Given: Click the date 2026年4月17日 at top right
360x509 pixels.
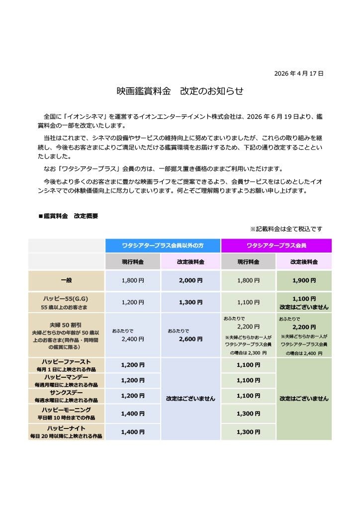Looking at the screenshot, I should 299,74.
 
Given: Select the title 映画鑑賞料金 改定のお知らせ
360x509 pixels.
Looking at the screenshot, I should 180,91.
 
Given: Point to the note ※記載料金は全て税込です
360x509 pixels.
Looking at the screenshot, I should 286,229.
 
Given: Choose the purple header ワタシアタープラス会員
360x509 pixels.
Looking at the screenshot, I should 276,246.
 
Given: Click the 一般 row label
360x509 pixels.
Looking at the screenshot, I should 66,280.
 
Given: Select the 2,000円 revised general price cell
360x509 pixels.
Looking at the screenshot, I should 190,280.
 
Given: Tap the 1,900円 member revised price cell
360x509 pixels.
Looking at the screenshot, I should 304,280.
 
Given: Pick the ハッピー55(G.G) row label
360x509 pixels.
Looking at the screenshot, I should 66,298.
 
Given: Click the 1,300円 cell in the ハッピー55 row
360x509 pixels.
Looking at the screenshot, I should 190,302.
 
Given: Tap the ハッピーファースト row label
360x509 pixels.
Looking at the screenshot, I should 66,365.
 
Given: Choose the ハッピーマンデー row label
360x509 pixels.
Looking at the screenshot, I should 66,380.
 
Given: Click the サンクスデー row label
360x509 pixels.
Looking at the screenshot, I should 66,396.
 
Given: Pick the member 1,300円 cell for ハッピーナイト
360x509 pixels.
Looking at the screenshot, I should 248,432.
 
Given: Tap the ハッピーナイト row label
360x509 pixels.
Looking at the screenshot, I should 66,428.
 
